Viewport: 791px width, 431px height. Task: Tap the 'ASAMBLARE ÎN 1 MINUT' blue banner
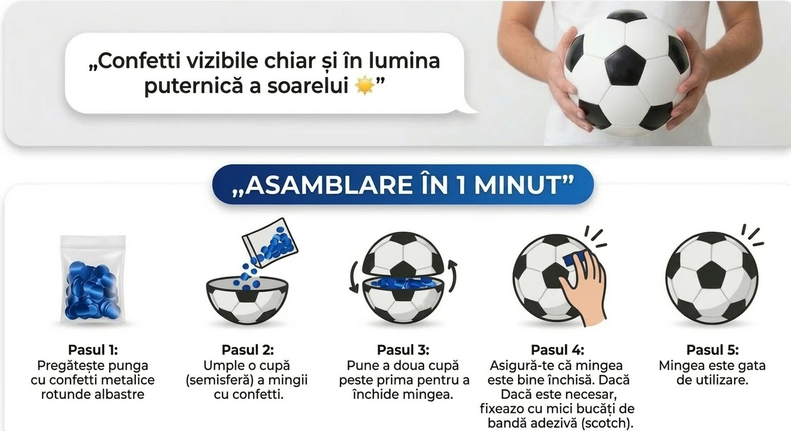tap(402, 185)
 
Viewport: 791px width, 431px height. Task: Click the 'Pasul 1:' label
tap(93, 350)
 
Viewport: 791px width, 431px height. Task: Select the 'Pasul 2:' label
tap(248, 350)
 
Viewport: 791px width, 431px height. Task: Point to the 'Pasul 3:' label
tap(403, 350)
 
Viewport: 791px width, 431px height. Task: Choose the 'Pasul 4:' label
tap(557, 350)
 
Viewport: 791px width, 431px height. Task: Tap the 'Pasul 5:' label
tap(712, 350)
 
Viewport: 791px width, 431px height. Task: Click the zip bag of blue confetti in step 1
tap(93, 279)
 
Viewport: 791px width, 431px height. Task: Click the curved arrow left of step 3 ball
tap(354, 277)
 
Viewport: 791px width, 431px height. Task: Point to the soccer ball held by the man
tap(627, 72)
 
